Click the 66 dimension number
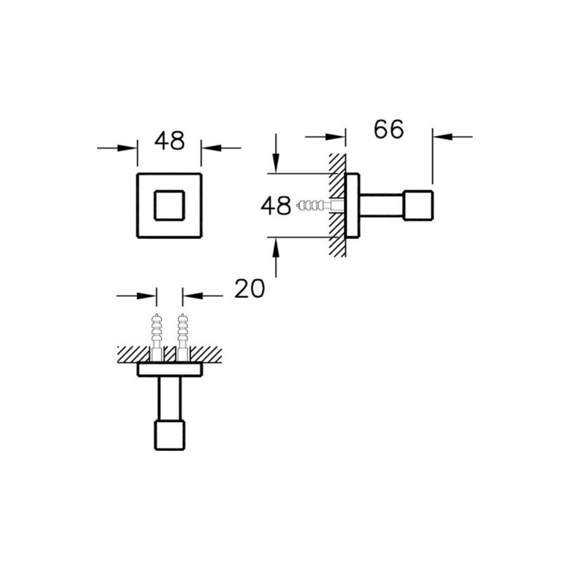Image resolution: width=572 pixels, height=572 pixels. pyautogui.click(x=389, y=129)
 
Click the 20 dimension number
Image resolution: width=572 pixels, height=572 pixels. pyautogui.click(x=249, y=288)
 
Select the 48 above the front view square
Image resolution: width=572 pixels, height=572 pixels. pyautogui.click(x=170, y=141)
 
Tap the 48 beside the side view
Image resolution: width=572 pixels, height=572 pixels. pyautogui.click(x=276, y=205)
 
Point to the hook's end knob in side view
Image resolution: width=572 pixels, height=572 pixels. pyautogui.click(x=418, y=205)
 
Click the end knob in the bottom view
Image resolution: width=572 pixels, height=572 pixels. pyautogui.click(x=170, y=435)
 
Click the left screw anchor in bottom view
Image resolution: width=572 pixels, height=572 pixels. pyautogui.click(x=157, y=337)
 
